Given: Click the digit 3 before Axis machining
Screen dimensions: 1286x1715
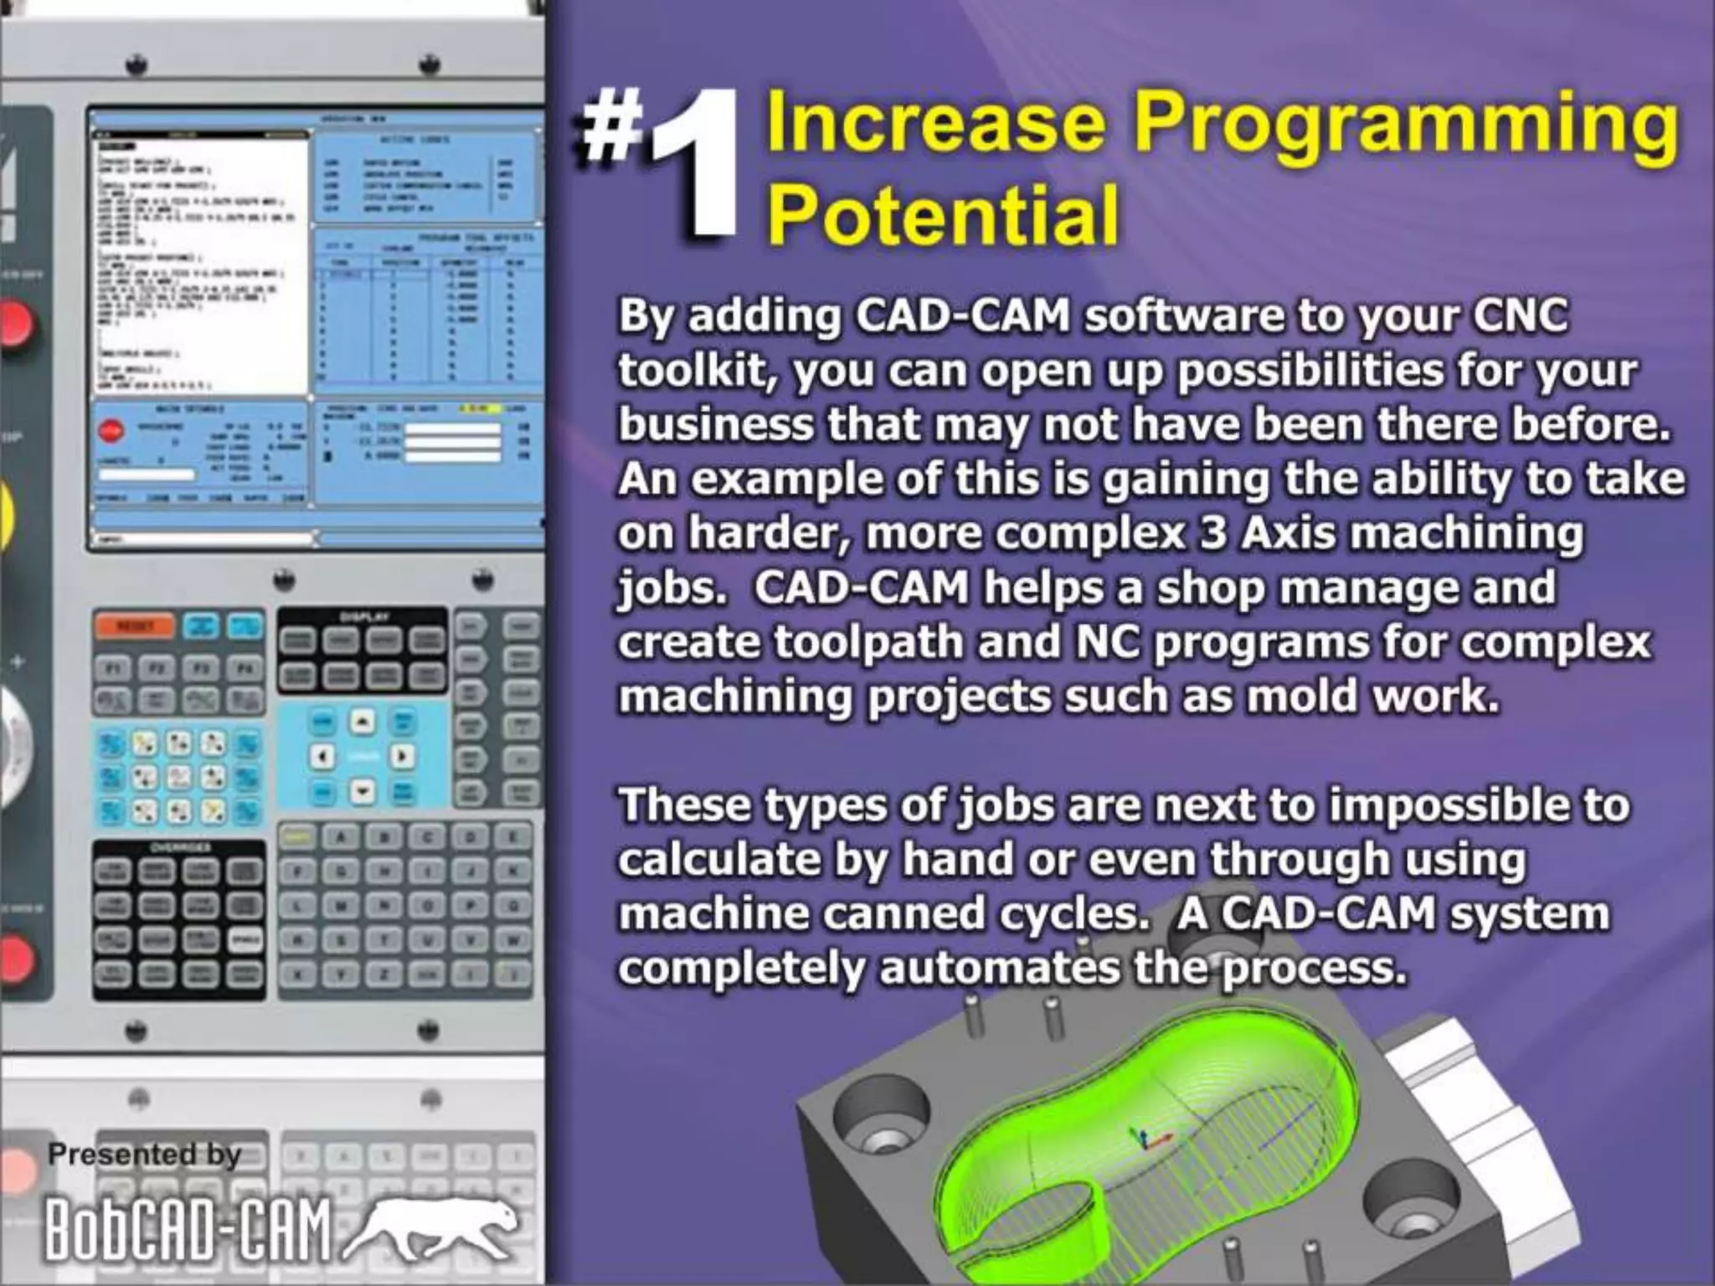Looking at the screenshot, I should pyautogui.click(x=1213, y=533).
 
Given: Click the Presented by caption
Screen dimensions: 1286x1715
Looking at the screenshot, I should pyautogui.click(x=145, y=1155).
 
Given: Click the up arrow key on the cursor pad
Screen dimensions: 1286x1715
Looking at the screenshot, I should pyautogui.click(x=362, y=722).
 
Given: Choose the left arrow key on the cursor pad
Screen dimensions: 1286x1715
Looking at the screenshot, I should pyautogui.click(x=322, y=757).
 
